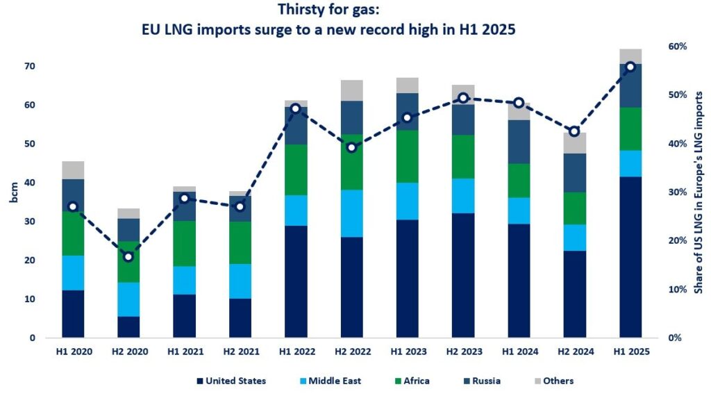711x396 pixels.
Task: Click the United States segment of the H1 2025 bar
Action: click(630, 257)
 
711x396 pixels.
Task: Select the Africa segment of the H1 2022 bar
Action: click(296, 170)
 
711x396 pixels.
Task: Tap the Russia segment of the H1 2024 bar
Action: click(519, 142)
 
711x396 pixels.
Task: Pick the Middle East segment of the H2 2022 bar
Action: click(351, 213)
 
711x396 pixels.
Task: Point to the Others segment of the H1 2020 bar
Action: click(73, 170)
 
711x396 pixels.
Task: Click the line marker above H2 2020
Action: click(128, 257)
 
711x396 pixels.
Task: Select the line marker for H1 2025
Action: click(630, 67)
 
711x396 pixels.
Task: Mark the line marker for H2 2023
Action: click(463, 98)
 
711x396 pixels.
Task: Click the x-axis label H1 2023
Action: click(408, 352)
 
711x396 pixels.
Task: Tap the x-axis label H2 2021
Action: click(240, 352)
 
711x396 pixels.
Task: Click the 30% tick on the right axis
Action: click(677, 192)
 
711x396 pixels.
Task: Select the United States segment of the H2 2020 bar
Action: click(128, 327)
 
